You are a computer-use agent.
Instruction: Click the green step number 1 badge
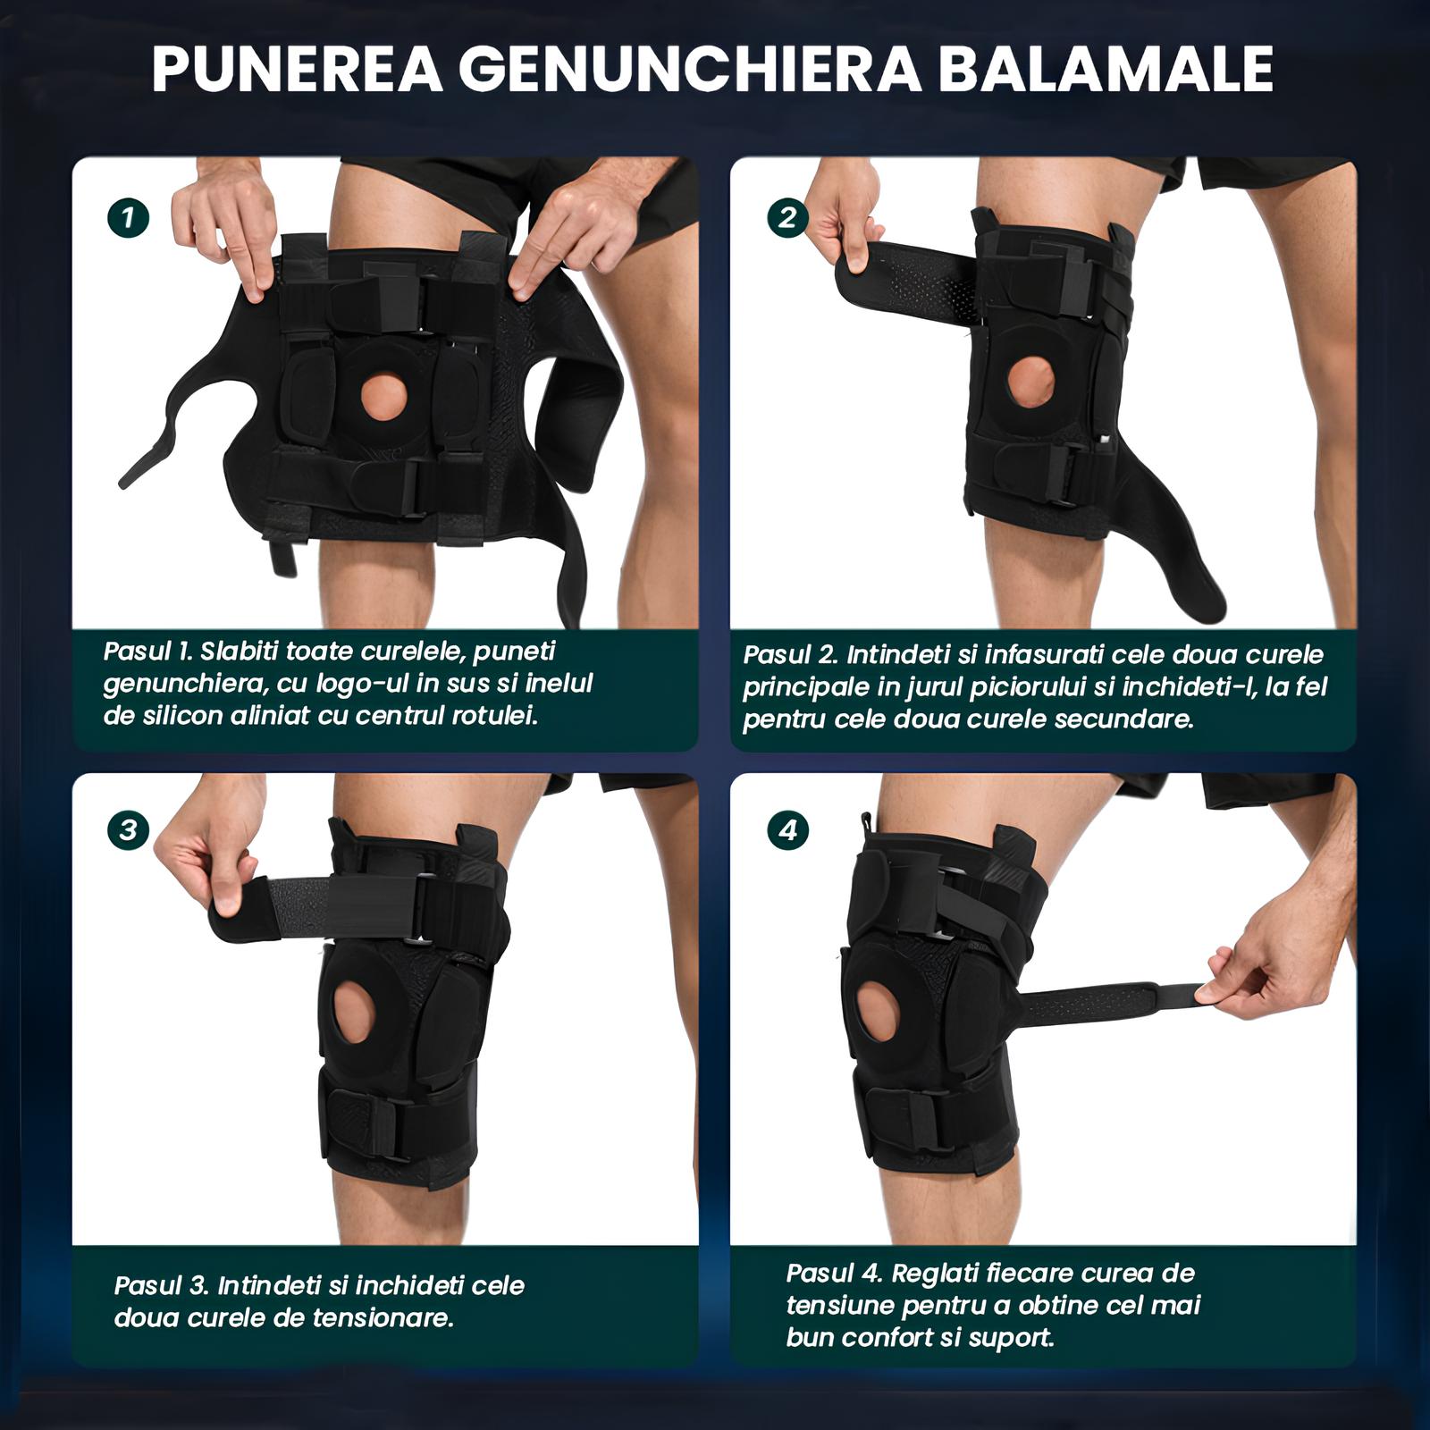tap(128, 217)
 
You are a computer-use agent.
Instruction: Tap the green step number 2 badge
tap(786, 217)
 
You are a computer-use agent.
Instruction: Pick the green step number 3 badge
tap(128, 830)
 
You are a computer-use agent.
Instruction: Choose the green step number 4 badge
tap(786, 830)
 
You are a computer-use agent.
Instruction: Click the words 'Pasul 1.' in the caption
tap(147, 651)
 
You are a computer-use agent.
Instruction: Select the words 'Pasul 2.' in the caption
tap(791, 654)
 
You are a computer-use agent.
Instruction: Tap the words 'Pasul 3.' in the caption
tap(162, 1286)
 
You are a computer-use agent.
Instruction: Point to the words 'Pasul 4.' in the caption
tap(835, 1273)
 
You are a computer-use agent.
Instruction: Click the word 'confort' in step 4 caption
tap(887, 1338)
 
